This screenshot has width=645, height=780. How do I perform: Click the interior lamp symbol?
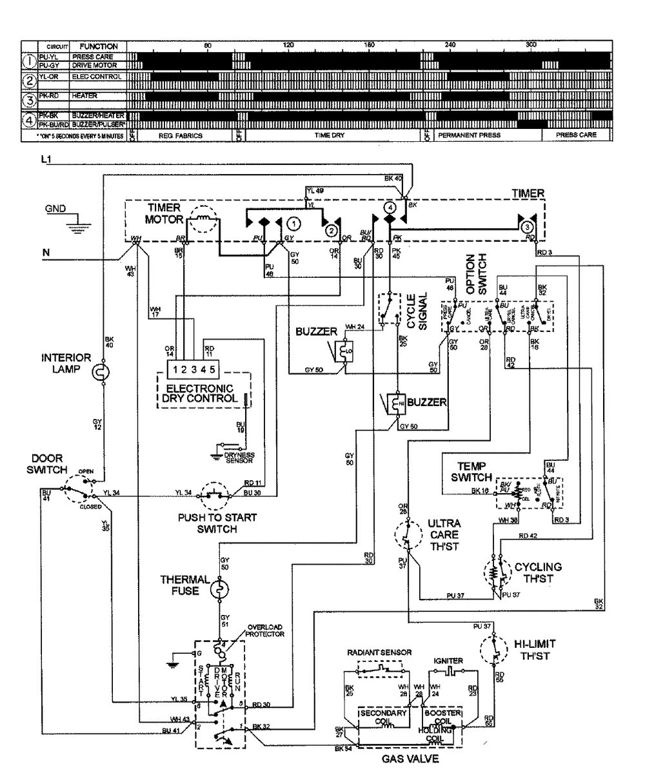103,373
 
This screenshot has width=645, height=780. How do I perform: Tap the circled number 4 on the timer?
389,208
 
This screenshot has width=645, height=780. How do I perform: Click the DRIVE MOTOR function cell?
94,65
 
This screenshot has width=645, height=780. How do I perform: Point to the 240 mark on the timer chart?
450,46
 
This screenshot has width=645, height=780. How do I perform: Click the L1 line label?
45,159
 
